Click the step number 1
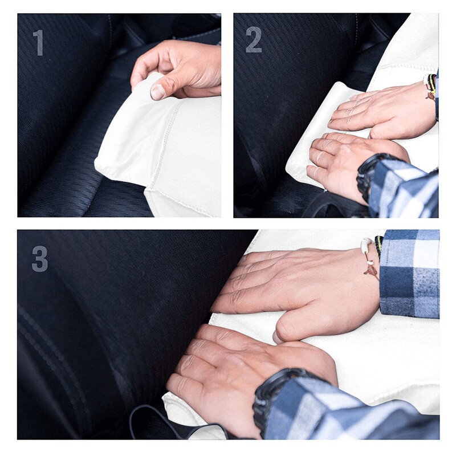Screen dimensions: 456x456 point(38,43)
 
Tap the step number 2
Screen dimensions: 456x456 point(254,40)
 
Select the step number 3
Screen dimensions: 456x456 point(39,258)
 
